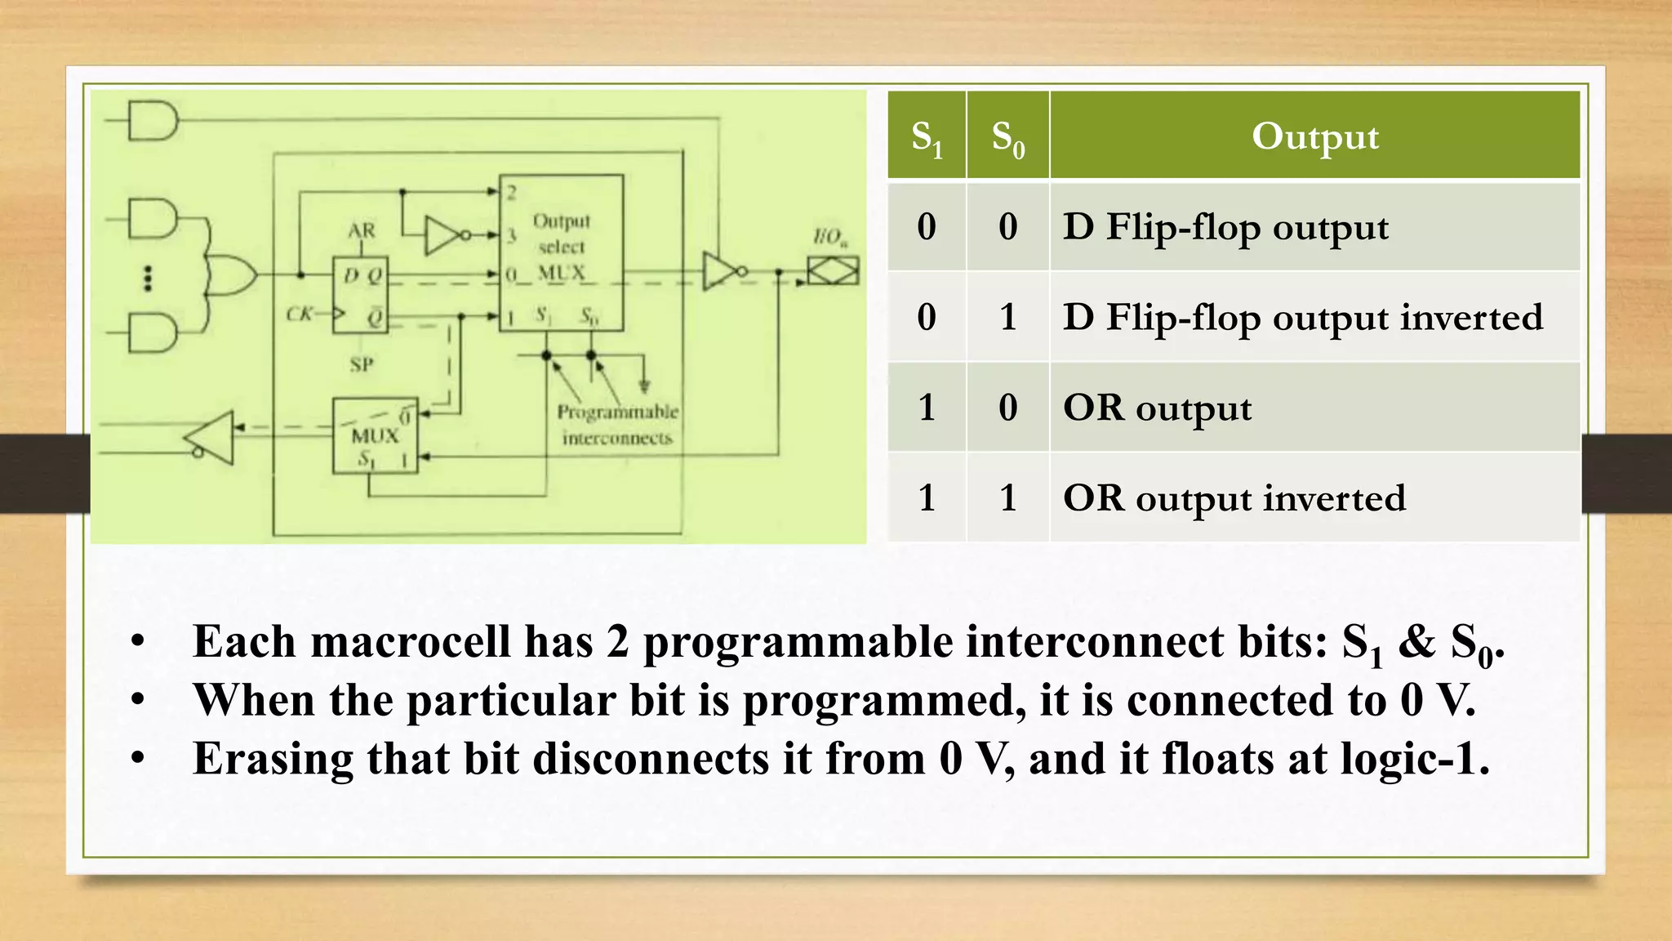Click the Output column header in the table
pyautogui.click(x=1314, y=136)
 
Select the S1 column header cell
pyautogui.click(x=927, y=136)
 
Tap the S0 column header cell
pyautogui.click(x=1007, y=136)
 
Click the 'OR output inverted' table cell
pyautogui.click(x=1234, y=497)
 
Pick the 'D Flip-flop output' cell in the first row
pyautogui.click(x=1225, y=226)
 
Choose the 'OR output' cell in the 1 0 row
pyautogui.click(x=1157, y=408)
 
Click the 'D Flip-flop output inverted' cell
pyautogui.click(x=1302, y=317)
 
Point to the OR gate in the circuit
pyautogui.click(x=231, y=274)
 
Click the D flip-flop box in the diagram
pyautogui.click(x=360, y=295)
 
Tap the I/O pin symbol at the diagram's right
pyautogui.click(x=833, y=270)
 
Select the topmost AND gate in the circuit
pyautogui.click(x=153, y=121)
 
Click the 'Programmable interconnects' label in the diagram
pyautogui.click(x=617, y=424)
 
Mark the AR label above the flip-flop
pyautogui.click(x=362, y=231)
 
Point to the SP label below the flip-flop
pyautogui.click(x=362, y=364)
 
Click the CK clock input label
pyautogui.click(x=300, y=314)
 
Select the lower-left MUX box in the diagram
pyautogui.click(x=375, y=435)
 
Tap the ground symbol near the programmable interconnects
pyautogui.click(x=645, y=385)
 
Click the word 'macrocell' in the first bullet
pyautogui.click(x=411, y=641)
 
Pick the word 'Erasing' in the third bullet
pyautogui.click(x=273, y=759)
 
